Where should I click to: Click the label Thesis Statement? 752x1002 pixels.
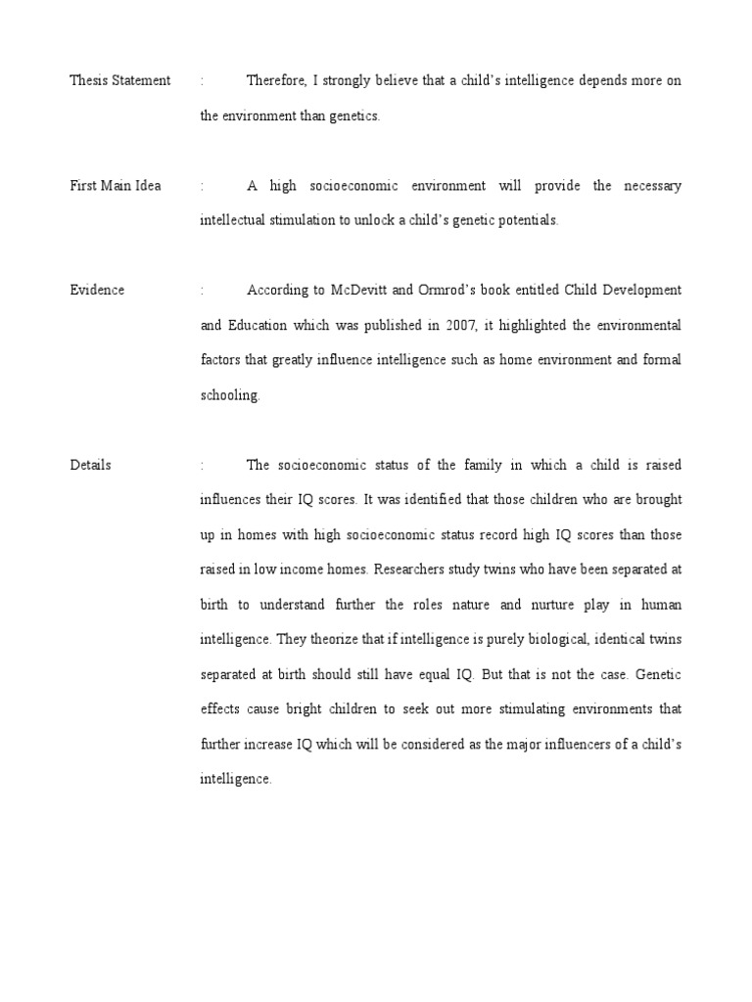(119, 80)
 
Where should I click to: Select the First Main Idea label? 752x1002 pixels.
(116, 186)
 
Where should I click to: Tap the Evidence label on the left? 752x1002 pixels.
(97, 291)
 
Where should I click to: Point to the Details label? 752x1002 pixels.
(90, 465)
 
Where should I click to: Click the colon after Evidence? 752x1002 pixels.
(202, 291)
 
